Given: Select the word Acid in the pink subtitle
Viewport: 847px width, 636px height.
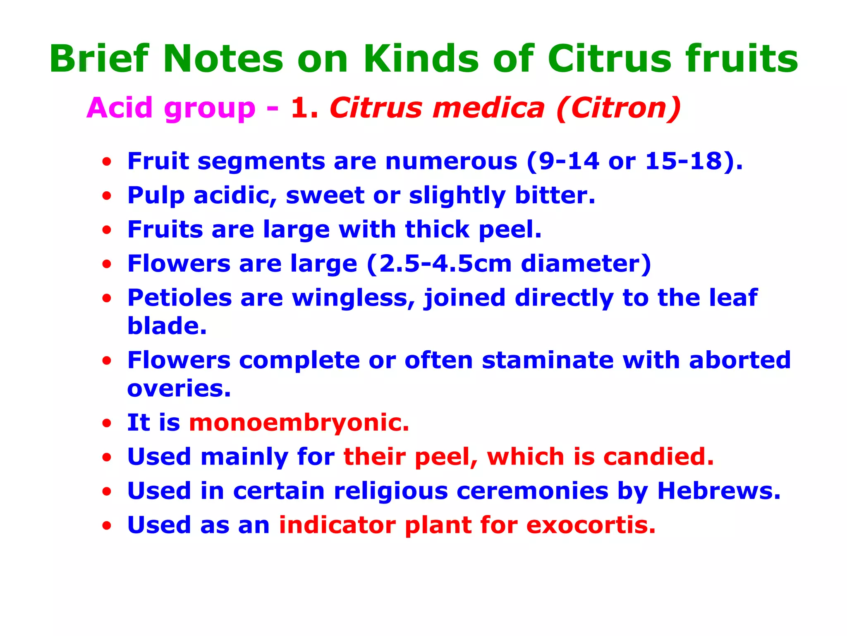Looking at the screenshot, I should click(x=120, y=108).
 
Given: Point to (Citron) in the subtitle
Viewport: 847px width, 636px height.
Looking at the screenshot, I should click(x=618, y=108).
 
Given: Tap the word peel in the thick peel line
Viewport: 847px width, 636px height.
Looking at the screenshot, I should click(x=510, y=229).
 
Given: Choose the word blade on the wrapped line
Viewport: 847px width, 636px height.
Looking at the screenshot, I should click(x=167, y=326).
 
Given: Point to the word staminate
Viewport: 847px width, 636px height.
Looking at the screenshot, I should click(x=548, y=360).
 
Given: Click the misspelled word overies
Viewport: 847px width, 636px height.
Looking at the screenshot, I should click(x=179, y=388).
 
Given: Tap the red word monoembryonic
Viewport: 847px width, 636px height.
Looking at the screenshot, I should click(x=299, y=423).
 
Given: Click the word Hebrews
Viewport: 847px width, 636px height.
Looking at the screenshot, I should click(x=718, y=491).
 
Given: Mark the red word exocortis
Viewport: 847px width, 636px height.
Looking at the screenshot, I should click(x=591, y=525).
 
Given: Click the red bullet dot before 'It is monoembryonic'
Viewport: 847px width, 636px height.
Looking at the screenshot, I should click(x=107, y=424).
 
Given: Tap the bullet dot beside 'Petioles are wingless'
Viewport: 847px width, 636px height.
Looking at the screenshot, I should click(x=107, y=299).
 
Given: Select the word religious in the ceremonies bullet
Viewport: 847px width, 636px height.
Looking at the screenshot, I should click(x=391, y=491).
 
